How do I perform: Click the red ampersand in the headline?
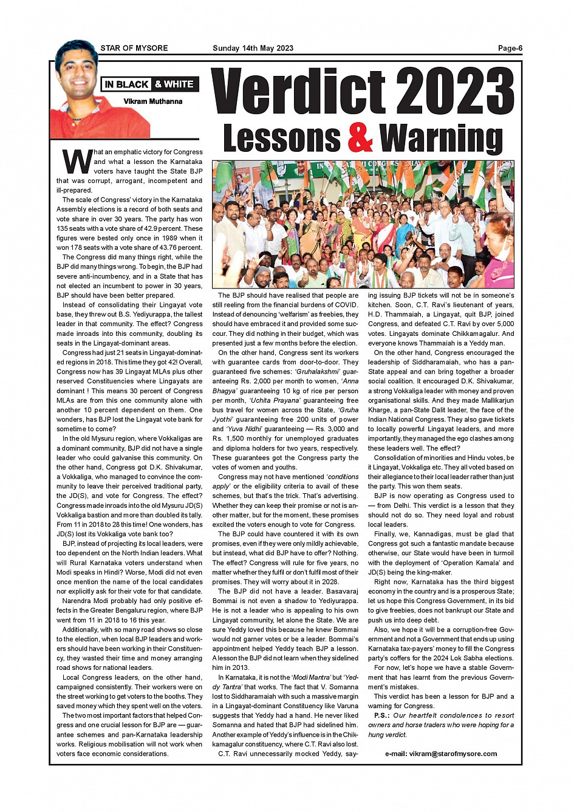[x=360, y=138]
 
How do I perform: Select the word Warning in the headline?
[x=442, y=138]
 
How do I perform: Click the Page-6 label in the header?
[x=510, y=49]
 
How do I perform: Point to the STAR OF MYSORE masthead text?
[x=134, y=49]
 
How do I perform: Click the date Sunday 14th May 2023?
[x=253, y=49]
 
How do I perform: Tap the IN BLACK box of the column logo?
[x=126, y=84]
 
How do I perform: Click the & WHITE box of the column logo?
[x=174, y=84]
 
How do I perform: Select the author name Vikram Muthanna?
[x=153, y=101]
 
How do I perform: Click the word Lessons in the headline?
[x=282, y=138]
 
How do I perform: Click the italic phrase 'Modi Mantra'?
[x=312, y=677]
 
